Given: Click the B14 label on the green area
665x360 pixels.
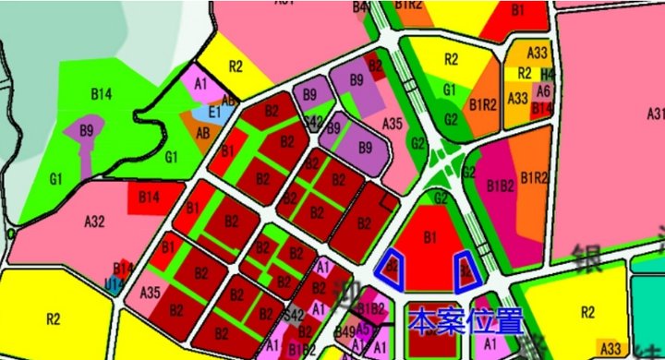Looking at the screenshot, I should (x=101, y=93).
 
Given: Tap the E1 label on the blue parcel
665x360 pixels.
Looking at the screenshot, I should (x=215, y=112).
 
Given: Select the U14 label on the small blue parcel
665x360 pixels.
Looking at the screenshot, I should (x=115, y=286).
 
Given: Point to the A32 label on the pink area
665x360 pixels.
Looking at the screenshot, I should (x=95, y=222).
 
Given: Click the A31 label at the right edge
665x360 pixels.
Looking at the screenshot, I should (x=656, y=114).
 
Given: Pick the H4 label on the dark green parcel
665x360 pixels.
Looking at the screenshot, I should (x=548, y=74).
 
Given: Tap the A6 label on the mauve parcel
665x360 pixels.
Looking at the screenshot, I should (x=543, y=90).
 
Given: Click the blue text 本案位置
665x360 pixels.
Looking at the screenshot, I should (x=465, y=321).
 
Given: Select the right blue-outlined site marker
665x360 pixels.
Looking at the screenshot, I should (x=465, y=268).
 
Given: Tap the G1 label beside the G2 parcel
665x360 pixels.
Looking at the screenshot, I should (x=450, y=90).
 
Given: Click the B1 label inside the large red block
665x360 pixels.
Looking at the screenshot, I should (x=429, y=237).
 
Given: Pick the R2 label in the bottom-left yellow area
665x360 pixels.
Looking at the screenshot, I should (x=52, y=319).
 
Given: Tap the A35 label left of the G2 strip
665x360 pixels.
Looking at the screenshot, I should (x=392, y=124).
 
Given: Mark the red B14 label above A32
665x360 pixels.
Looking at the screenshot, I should (x=149, y=197).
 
